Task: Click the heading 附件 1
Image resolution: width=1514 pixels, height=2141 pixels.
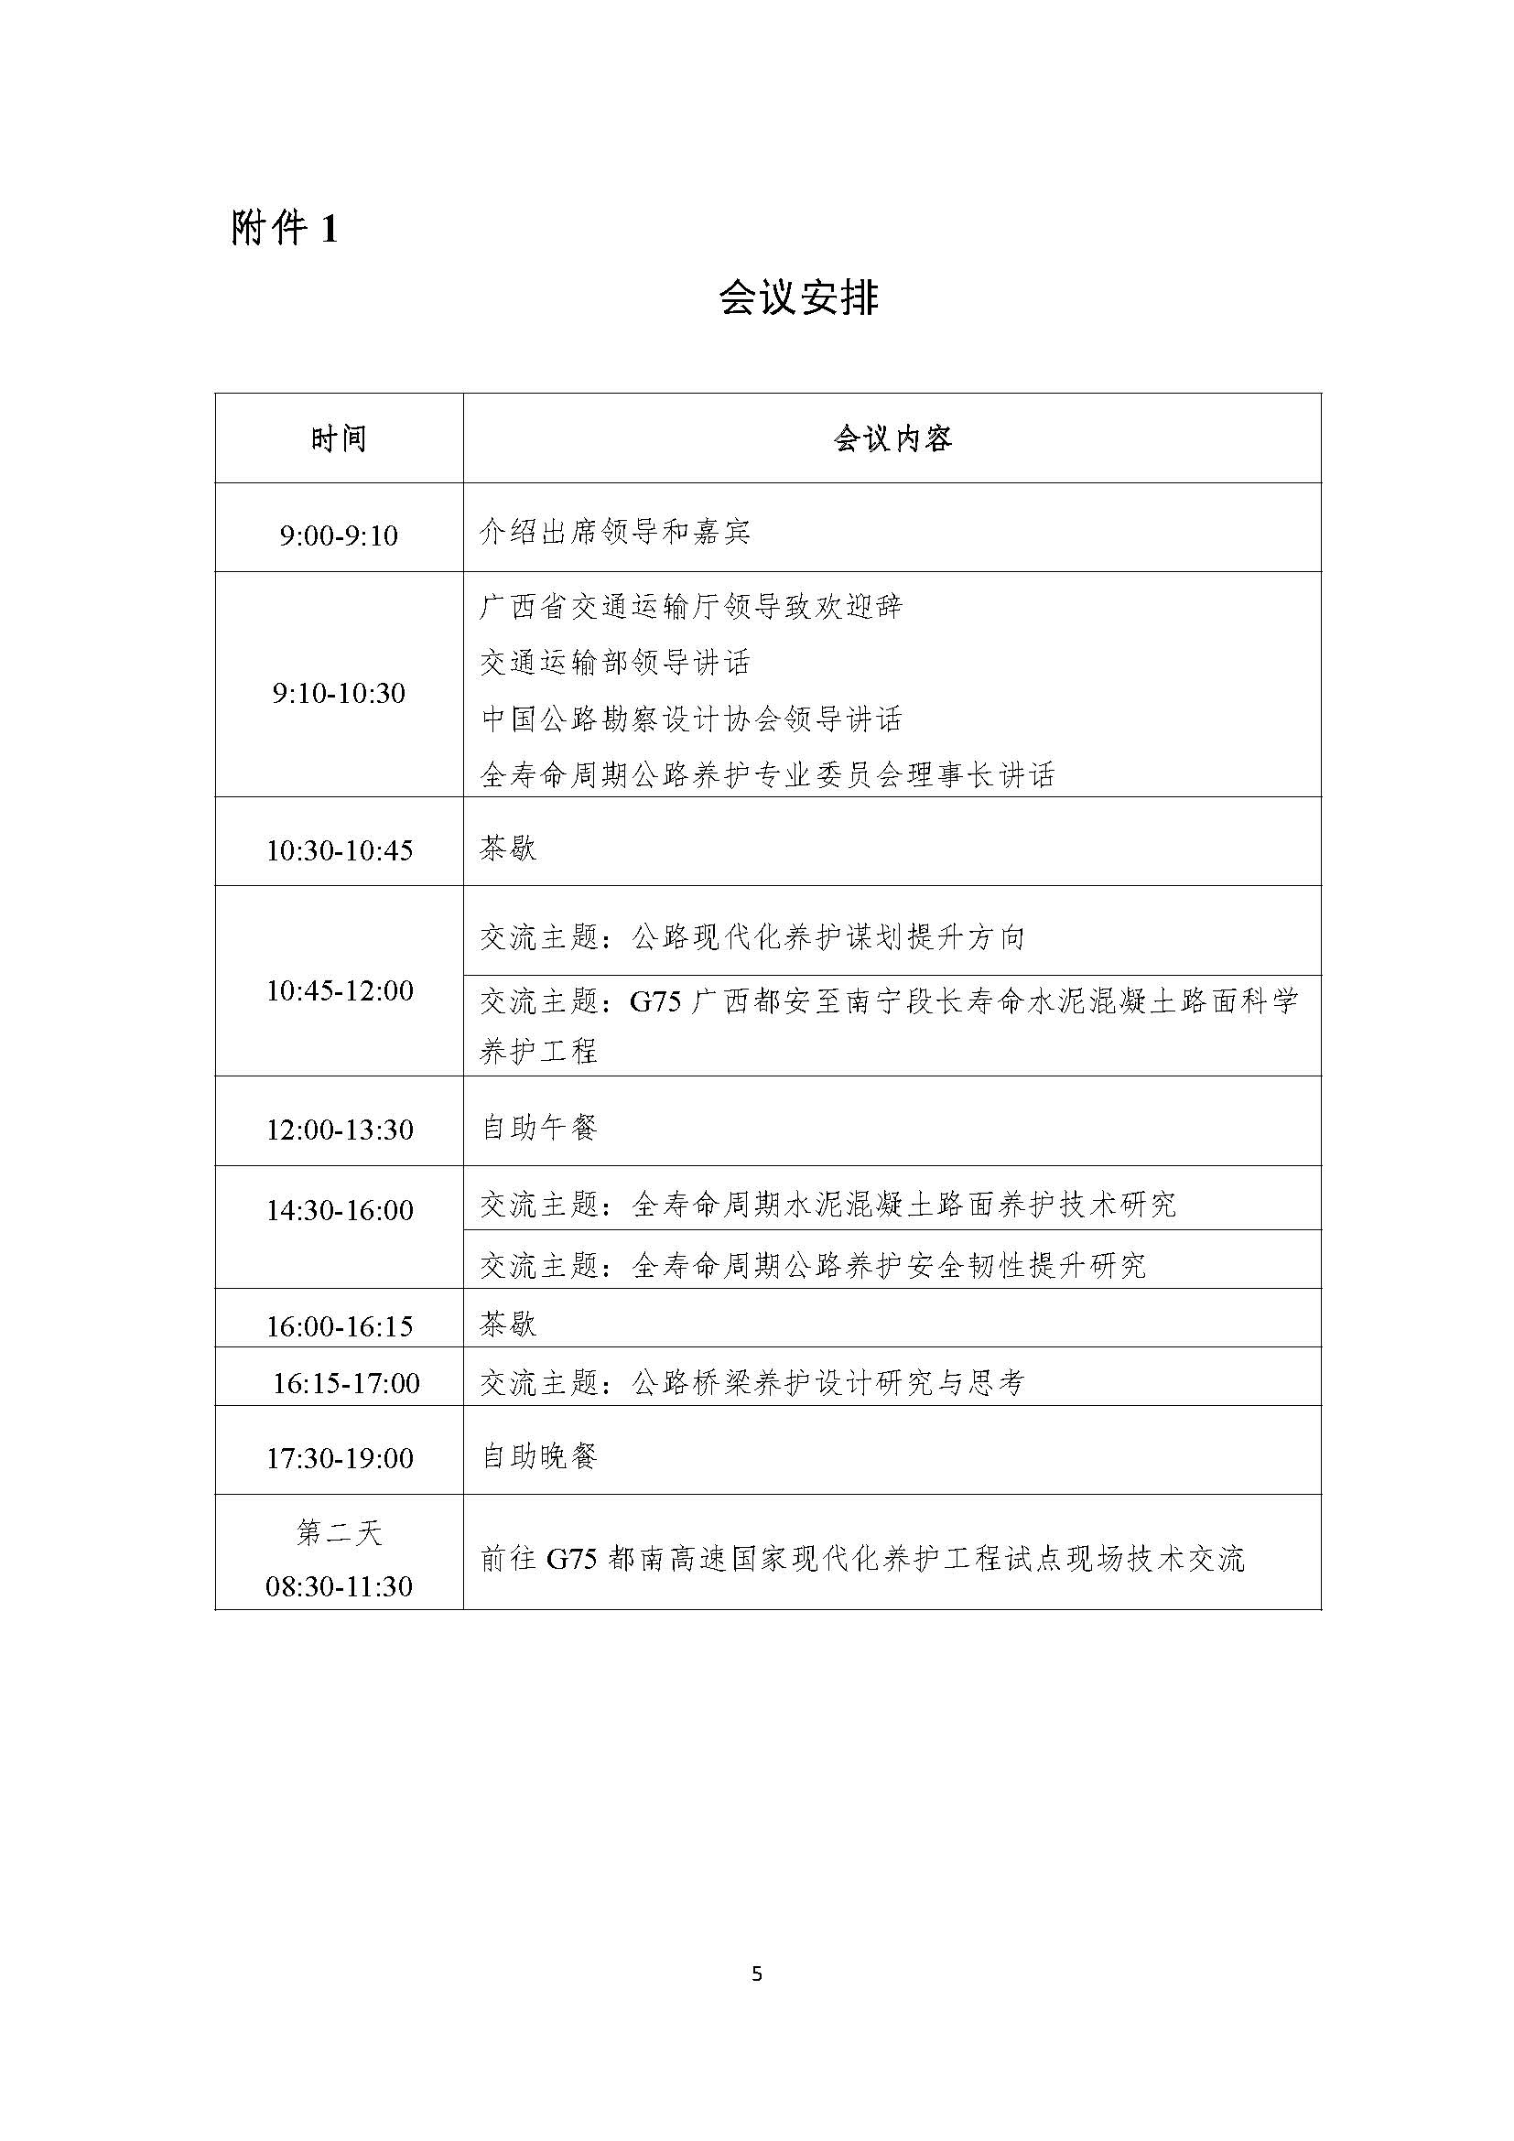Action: (285, 228)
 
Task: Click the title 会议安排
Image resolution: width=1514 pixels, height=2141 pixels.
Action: (799, 298)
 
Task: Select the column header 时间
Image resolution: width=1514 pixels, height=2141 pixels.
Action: (340, 438)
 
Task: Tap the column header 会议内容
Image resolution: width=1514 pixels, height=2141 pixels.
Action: (892, 438)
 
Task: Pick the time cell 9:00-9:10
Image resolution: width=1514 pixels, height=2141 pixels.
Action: (340, 535)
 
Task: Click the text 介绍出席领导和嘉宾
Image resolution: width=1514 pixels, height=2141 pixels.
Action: (615, 533)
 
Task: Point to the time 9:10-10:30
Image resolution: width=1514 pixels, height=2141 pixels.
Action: (340, 693)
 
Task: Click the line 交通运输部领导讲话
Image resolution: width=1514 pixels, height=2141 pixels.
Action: (615, 663)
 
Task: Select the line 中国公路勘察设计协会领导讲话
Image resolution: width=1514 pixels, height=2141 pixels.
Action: (692, 719)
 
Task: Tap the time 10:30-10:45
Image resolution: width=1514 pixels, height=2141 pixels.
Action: (340, 850)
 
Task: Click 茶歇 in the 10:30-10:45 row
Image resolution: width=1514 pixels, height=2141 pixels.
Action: (508, 848)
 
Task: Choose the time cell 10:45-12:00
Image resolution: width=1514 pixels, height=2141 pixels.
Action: (340, 990)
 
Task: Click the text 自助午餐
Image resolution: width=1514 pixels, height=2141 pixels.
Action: (539, 1128)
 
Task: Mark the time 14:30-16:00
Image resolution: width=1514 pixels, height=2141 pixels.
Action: (340, 1210)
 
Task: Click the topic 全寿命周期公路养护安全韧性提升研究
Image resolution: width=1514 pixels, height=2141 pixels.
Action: (813, 1265)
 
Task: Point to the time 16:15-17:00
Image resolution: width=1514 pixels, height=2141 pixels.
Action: (346, 1383)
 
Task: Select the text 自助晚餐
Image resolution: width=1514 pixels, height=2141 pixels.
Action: (539, 1455)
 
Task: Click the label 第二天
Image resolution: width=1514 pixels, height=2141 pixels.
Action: (340, 1533)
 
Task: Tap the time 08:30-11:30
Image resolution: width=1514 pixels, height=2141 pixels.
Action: (340, 1586)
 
